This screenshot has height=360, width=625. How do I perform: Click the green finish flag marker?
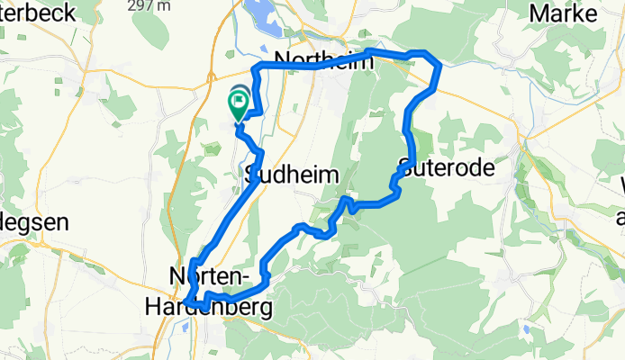tap(240, 106)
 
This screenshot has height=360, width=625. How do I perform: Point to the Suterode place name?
tap(441, 167)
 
